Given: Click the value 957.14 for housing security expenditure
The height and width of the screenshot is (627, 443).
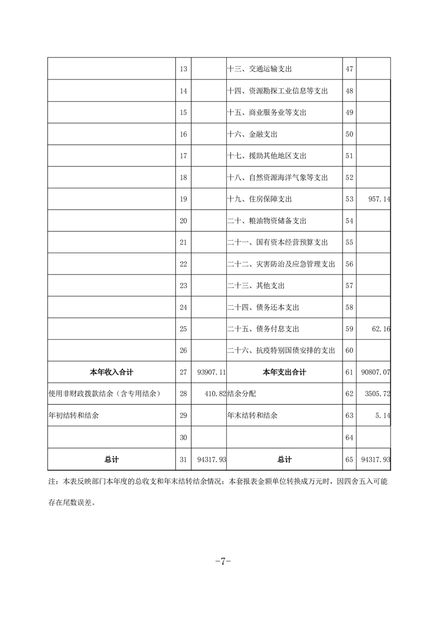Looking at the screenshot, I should (x=375, y=199).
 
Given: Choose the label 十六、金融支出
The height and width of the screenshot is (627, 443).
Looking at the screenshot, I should (x=253, y=134).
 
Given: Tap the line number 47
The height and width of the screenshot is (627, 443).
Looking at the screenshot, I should (x=350, y=69).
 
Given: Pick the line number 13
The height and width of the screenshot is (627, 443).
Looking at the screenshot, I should (x=183, y=69).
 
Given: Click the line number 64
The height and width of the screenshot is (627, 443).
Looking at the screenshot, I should (x=350, y=438).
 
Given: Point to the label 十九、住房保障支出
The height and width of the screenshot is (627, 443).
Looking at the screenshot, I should (x=260, y=199).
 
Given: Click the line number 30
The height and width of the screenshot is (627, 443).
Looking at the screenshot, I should (x=183, y=438).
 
